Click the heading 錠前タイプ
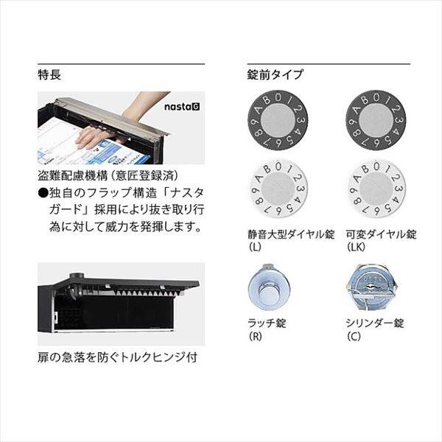click(x=276, y=74)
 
